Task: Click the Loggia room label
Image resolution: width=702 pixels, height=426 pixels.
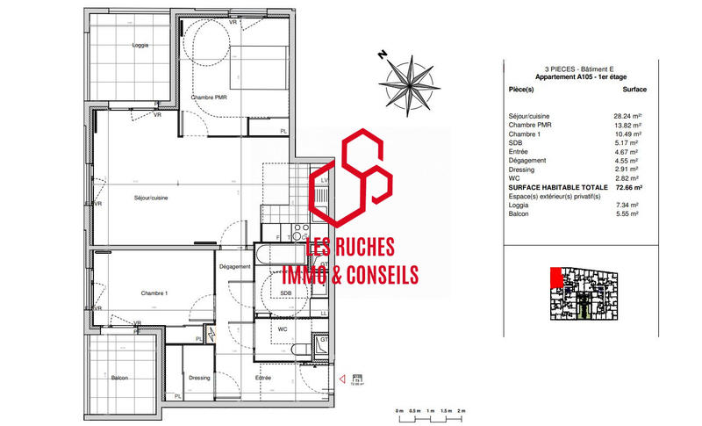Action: point(140,45)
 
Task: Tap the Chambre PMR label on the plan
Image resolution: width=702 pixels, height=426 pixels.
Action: point(209,97)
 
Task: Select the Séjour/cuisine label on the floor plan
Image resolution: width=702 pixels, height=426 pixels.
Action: point(151,198)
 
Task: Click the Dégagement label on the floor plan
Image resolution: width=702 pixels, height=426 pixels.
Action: point(234,266)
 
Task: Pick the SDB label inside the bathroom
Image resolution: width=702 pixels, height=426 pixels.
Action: point(285,293)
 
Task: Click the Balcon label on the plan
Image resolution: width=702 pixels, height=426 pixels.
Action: point(119,379)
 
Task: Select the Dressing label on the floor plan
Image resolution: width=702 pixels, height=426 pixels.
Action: point(199,378)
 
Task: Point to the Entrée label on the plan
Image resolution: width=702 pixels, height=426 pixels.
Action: point(263,378)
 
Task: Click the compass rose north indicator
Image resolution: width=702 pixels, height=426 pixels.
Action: point(408,80)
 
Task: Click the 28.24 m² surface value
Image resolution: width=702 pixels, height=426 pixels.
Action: point(627,116)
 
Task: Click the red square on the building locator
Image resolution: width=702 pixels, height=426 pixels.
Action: point(555,278)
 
